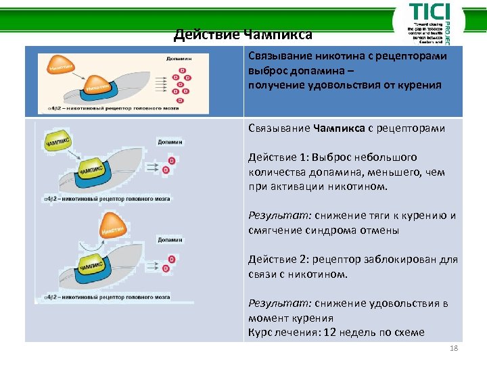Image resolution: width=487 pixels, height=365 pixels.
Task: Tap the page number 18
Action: point(453,348)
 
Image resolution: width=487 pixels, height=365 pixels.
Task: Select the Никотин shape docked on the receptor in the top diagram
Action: point(98,87)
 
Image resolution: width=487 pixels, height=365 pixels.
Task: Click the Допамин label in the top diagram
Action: point(178,59)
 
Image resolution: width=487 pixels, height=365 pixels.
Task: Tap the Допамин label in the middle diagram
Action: point(169,142)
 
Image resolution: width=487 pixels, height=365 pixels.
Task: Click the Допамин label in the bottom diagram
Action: point(169,240)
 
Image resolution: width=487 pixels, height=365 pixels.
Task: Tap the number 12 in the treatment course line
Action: point(330,332)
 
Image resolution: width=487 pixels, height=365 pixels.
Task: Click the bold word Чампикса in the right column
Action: point(339,128)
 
